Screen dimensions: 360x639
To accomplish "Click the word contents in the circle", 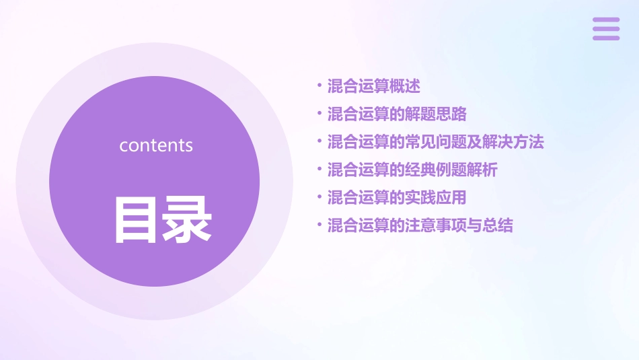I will [x=156, y=145].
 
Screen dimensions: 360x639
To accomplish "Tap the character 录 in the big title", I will [x=188, y=219].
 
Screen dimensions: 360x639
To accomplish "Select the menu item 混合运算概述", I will [x=373, y=86].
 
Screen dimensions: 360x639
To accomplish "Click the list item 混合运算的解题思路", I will [x=397, y=114].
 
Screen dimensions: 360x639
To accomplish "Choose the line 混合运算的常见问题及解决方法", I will [x=435, y=142].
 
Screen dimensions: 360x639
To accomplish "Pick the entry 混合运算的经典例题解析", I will [x=412, y=170].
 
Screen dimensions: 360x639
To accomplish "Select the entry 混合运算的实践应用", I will [x=397, y=197].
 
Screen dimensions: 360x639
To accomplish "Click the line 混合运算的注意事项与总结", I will [x=420, y=225].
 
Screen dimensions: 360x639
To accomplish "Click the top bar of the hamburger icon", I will [x=606, y=20].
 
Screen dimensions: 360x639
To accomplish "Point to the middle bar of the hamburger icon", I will [x=606, y=29].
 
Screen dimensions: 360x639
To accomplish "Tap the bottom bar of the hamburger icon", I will [x=606, y=38].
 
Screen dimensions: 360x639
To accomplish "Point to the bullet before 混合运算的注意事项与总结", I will [x=319, y=225].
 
